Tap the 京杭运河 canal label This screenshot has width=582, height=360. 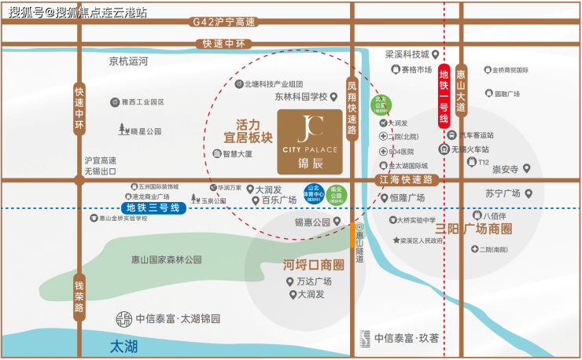point(128,61)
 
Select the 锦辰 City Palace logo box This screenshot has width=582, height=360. point(310,141)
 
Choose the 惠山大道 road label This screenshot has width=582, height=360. point(461,86)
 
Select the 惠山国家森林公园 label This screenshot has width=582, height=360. point(166,259)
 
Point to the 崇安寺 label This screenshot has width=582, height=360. point(505,169)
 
